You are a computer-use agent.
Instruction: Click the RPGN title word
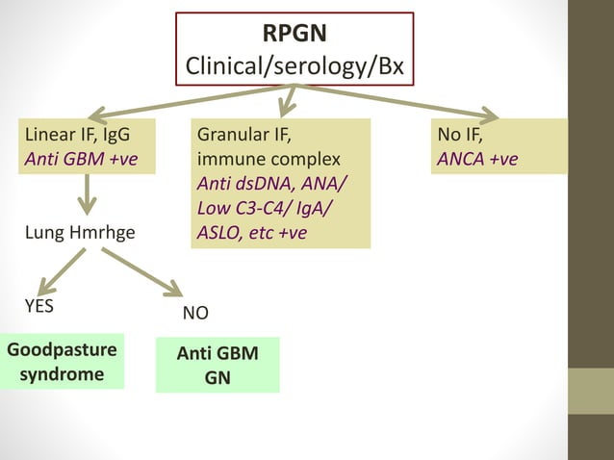(x=294, y=34)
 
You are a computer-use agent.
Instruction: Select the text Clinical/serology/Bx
(x=294, y=68)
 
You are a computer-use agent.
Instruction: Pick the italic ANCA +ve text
(x=476, y=158)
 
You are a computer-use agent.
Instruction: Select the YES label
(x=38, y=306)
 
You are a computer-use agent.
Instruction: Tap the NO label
(x=195, y=314)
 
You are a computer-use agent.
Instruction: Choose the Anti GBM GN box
(x=217, y=365)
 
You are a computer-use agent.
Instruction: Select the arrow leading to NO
(x=141, y=272)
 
